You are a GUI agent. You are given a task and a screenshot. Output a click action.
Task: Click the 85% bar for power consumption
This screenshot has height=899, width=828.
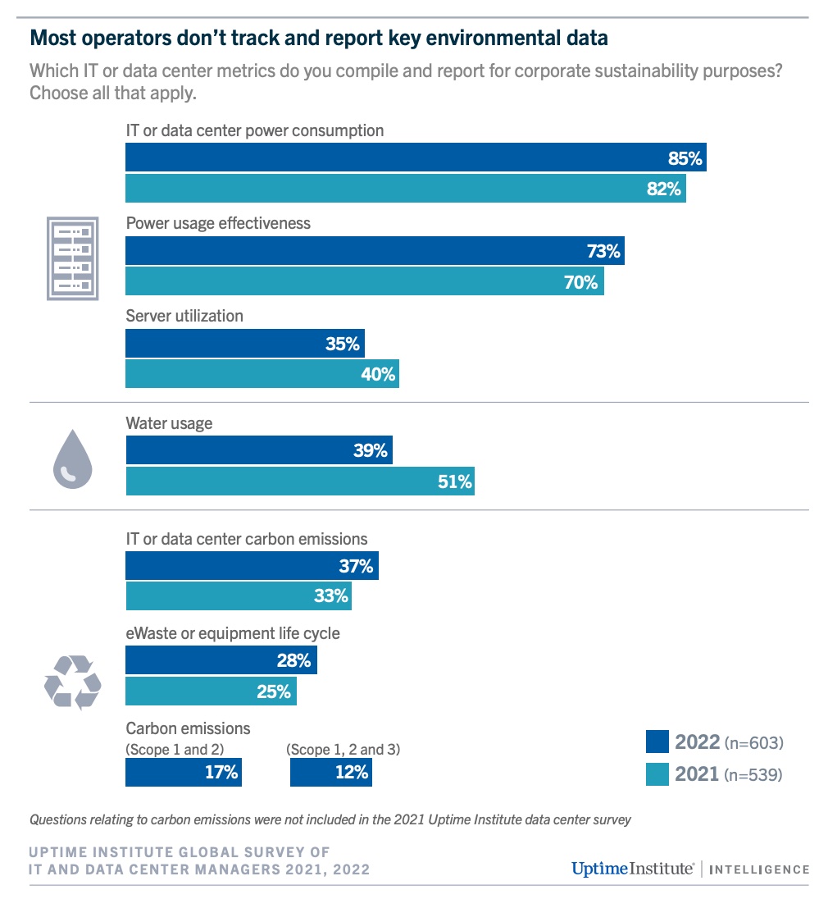(x=415, y=157)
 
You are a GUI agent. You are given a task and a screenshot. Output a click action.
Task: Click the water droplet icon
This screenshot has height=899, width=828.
(x=73, y=461)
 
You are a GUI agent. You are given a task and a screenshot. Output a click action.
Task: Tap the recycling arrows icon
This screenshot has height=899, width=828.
(x=72, y=681)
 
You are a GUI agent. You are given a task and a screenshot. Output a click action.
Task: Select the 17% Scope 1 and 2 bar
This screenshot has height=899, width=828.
(x=183, y=773)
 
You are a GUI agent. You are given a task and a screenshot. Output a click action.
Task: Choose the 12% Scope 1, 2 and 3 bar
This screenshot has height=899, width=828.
(x=330, y=773)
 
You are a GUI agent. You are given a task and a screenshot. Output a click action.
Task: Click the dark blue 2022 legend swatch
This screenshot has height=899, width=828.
(x=657, y=742)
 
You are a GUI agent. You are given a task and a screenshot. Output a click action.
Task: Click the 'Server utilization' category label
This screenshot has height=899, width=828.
(x=184, y=316)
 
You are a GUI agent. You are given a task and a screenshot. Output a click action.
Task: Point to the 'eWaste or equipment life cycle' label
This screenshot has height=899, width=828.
(x=232, y=633)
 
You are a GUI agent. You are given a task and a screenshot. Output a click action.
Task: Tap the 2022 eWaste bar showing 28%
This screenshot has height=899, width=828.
(x=221, y=660)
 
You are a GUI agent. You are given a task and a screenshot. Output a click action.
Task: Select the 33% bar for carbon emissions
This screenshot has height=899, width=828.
(x=238, y=596)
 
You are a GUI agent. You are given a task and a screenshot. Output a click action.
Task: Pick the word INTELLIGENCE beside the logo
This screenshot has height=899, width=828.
(x=758, y=869)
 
